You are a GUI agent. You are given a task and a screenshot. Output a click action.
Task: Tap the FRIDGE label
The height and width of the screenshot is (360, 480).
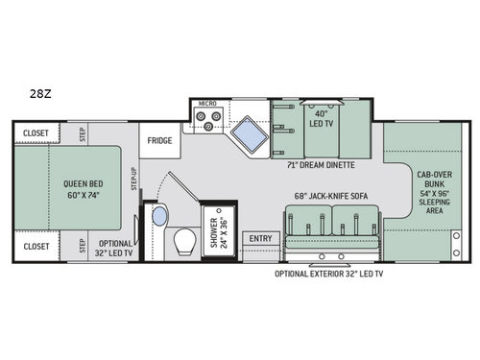(159, 140)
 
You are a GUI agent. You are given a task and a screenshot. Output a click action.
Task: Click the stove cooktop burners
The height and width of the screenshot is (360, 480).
(205, 121)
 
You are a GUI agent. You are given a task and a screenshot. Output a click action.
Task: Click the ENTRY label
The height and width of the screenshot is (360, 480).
(260, 238)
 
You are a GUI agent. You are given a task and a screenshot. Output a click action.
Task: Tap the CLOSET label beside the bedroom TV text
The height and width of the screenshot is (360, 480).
(36, 247)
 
